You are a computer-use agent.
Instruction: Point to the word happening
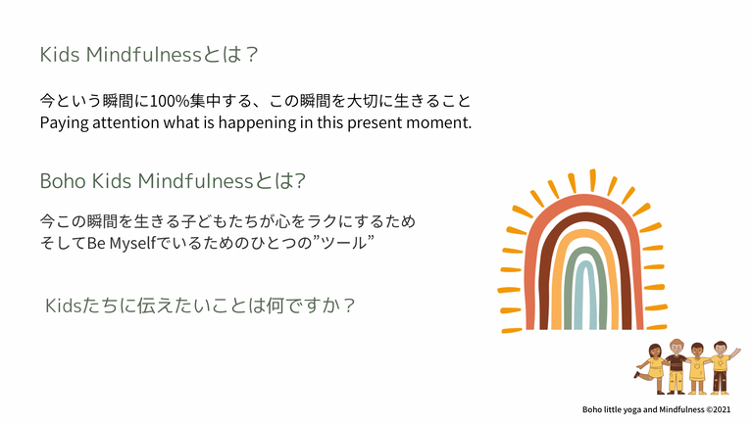click(x=258, y=123)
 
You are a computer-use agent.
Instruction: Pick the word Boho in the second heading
click(x=63, y=181)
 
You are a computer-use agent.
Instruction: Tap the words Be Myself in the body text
click(x=122, y=243)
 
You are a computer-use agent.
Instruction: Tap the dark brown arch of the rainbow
click(x=546, y=278)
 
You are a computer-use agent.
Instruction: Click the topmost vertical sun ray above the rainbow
click(x=593, y=180)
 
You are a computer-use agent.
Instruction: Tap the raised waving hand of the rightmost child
click(x=735, y=352)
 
